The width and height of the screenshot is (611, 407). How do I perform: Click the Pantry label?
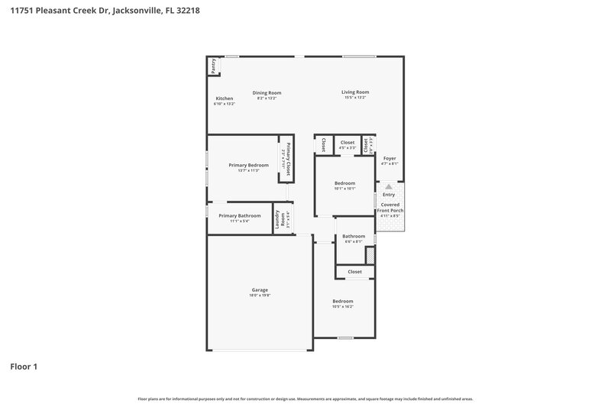coord(214,66)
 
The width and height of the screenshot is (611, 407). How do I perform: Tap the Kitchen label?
coord(224,99)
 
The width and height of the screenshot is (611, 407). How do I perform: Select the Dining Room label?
coord(267,92)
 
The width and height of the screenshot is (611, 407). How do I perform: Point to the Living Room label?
coord(355,92)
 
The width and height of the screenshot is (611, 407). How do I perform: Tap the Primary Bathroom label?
coord(239,215)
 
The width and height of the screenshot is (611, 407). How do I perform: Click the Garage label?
coord(260,289)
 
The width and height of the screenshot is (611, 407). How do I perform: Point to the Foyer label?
coord(390,159)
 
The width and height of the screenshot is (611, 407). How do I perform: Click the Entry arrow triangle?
coord(389,186)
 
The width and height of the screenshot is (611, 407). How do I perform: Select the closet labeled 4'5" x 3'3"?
coord(348,147)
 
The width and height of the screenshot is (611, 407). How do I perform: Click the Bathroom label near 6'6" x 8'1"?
coord(354,236)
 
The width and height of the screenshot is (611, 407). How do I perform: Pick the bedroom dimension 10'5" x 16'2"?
coord(343,306)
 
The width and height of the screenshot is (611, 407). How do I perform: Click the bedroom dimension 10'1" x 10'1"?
coord(344,189)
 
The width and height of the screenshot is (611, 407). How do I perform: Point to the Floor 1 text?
coord(23,367)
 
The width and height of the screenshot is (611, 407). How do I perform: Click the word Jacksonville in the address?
coord(137,10)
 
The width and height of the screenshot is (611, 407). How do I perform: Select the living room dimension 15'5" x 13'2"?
coord(355,98)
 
